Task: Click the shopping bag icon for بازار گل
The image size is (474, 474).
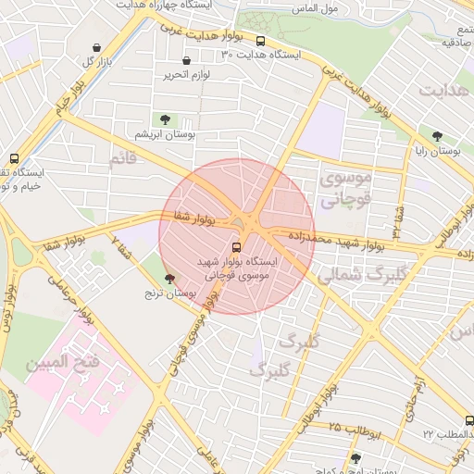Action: pos(97,48)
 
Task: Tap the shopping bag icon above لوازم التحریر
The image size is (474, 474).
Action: pos(186,60)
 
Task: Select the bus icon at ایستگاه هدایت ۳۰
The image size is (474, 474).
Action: pos(260,42)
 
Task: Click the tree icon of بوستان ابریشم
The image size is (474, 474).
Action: pos(165,119)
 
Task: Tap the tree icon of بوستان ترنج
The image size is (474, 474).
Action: pos(168,279)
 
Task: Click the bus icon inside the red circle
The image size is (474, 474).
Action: pos(235,247)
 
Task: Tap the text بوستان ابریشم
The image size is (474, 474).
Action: pos(156,134)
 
